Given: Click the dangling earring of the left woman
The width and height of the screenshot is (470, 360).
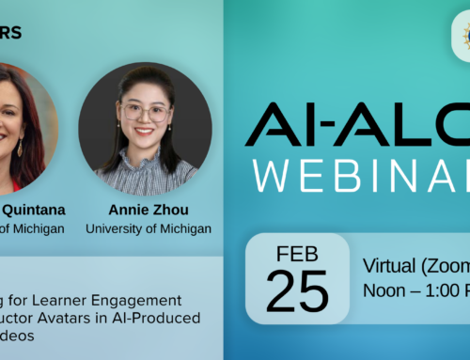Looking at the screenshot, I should (x=20, y=148).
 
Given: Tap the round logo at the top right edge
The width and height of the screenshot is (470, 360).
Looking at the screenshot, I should (x=466, y=38).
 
